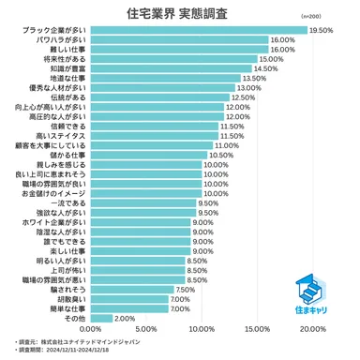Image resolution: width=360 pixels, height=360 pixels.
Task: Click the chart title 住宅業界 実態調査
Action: click(179, 15)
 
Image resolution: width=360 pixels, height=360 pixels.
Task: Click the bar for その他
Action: click(101, 318)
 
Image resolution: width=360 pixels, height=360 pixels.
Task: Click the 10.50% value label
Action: click(221, 154)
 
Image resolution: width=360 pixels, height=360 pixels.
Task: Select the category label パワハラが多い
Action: click(63, 39)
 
